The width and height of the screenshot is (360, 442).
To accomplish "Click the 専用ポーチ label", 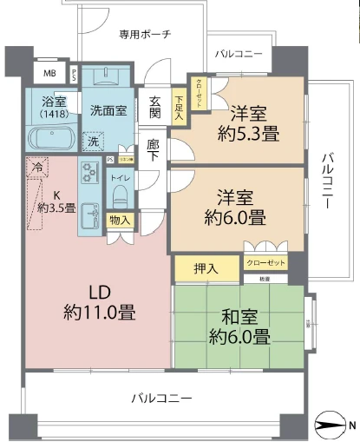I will [x=145, y=34].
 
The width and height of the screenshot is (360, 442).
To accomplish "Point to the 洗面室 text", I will [x=108, y=109].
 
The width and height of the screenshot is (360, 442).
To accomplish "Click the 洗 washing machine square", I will [x=91, y=140].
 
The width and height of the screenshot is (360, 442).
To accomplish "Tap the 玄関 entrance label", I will [x=154, y=106].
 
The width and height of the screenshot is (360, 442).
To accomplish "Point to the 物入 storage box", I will [x=119, y=221].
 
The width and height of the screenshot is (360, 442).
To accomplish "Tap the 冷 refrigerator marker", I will [x=37, y=164].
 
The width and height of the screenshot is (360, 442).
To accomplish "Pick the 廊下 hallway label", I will [x=154, y=150].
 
